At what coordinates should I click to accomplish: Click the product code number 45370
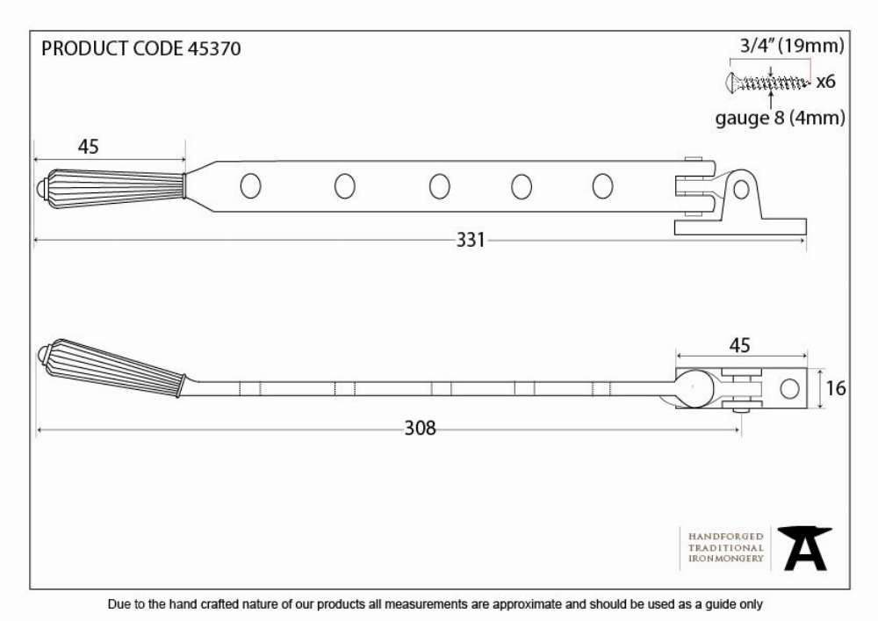point(214,48)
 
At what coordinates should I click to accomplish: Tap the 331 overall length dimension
point(471,240)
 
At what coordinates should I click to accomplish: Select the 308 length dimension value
point(420,429)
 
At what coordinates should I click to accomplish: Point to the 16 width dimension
point(836,388)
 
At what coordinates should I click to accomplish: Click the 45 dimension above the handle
point(88,147)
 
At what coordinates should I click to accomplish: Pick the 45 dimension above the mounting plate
point(739,345)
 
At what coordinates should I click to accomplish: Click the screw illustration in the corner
point(767,83)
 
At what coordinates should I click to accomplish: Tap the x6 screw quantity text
point(825,82)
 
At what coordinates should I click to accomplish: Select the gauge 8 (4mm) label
point(780,119)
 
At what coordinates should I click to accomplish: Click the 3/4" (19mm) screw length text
point(792,46)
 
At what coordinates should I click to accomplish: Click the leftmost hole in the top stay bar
point(250,186)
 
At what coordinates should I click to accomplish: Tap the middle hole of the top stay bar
point(440,186)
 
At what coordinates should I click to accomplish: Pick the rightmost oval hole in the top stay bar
point(602,186)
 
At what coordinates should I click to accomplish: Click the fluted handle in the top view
point(111,184)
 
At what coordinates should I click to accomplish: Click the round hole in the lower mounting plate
point(789,388)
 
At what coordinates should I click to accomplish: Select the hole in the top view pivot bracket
point(741,190)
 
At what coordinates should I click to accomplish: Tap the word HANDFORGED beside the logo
point(726,537)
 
